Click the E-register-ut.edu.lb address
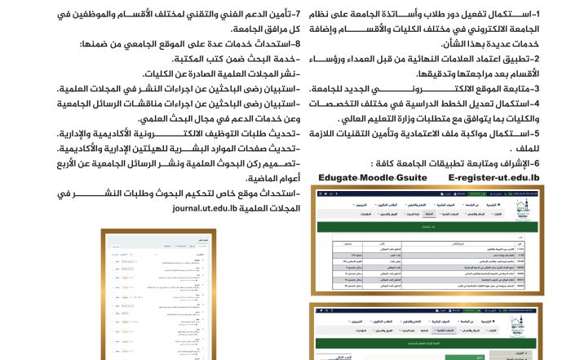494,176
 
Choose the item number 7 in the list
298,14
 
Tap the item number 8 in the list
298,44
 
